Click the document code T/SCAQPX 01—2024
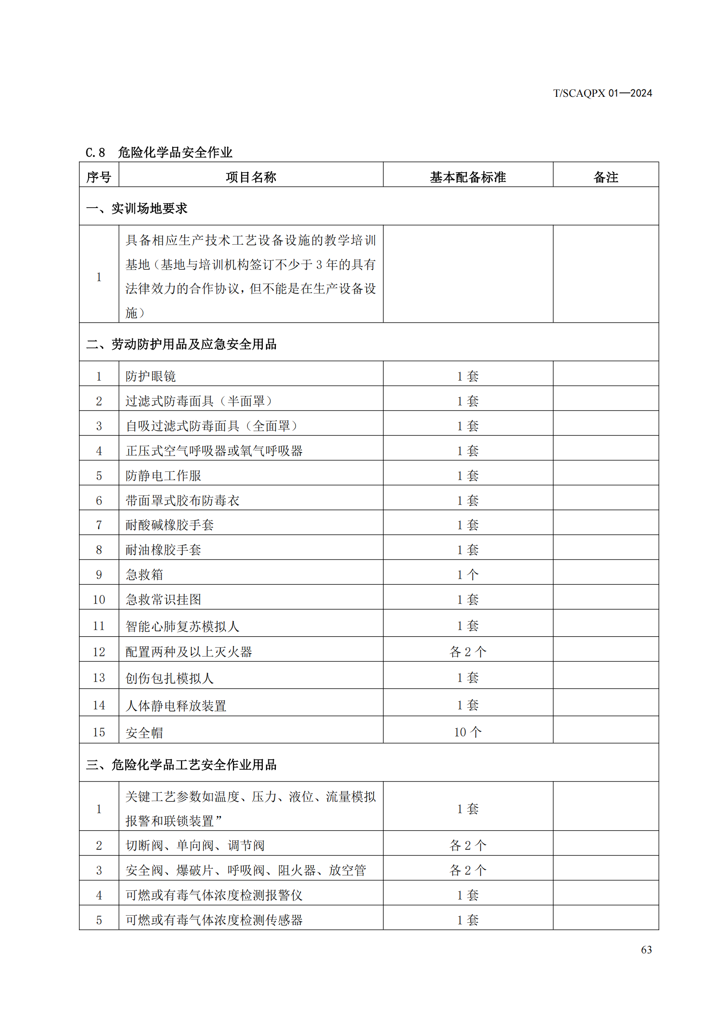[602, 93]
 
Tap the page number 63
[646, 949]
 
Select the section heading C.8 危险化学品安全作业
[159, 152]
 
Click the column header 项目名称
[251, 177]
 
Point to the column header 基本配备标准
[467, 177]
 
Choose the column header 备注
[605, 177]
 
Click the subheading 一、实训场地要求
[137, 208]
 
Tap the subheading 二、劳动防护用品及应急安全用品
[181, 345]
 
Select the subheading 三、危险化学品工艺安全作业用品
[181, 764]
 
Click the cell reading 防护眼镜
[150, 376]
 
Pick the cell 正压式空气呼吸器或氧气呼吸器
[214, 451]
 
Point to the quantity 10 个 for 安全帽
[467, 732]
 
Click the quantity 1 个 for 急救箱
[467, 575]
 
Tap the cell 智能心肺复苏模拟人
[183, 626]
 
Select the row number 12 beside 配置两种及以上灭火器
[99, 652]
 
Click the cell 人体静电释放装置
[176, 706]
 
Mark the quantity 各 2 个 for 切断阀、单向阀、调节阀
[467, 846]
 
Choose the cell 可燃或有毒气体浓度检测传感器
[214, 920]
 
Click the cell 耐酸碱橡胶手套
[170, 525]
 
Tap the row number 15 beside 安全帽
[99, 732]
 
